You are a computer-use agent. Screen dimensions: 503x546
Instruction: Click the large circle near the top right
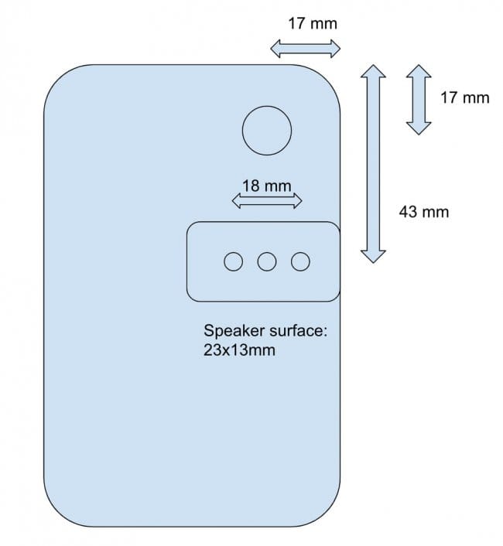pos(267,131)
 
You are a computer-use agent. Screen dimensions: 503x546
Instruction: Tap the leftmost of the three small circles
pos(233,261)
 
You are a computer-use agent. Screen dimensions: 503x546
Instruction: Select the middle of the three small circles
pos(267,261)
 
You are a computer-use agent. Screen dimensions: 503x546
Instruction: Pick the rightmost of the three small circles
pos(300,261)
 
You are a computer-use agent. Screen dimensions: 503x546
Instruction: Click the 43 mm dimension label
pos(424,212)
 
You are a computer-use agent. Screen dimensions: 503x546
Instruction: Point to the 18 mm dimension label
pos(267,186)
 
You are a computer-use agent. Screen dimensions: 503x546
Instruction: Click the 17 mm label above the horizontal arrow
pos(313,24)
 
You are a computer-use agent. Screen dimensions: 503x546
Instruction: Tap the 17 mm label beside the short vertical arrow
pos(464,97)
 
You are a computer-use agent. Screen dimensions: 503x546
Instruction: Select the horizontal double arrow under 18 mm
pos(267,200)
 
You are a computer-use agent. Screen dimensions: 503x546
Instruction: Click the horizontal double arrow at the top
pos(306,49)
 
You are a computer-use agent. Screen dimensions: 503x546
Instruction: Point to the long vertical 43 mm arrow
pos(373,164)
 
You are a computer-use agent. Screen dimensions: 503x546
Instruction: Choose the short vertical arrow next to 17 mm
pos(419,100)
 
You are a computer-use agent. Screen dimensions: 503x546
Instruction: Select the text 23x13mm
pos(239,350)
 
